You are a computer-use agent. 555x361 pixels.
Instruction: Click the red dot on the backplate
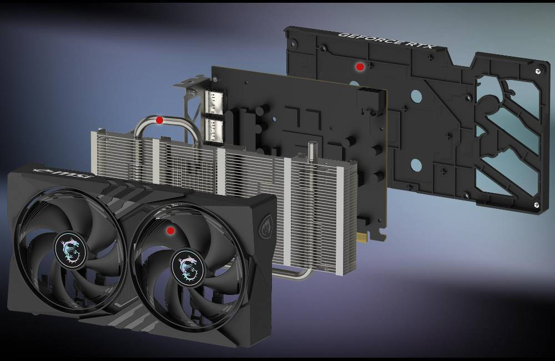pos(360,67)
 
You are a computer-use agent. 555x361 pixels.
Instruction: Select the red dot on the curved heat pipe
pos(159,120)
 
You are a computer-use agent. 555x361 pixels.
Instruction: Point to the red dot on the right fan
pos(170,230)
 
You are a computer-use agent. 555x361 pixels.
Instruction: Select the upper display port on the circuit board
pos(214,102)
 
